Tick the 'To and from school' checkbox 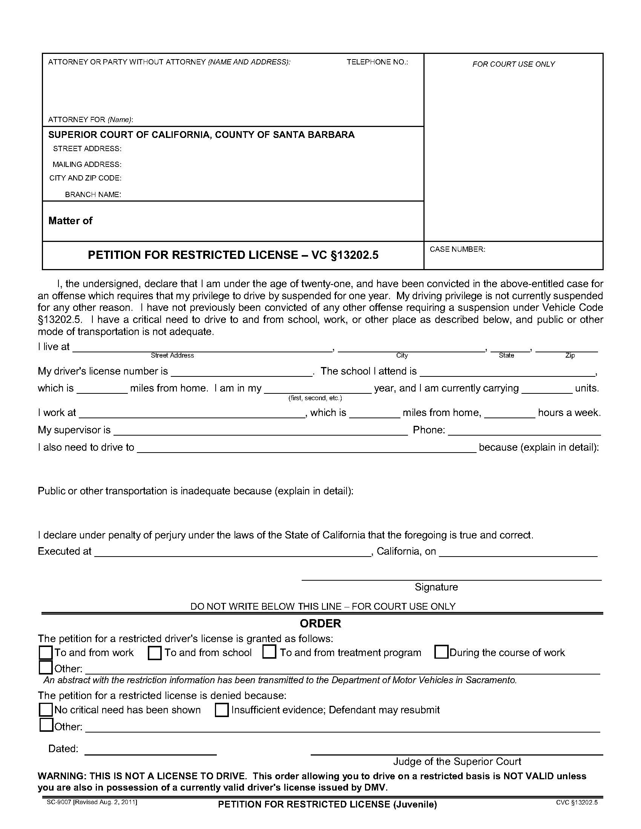point(155,653)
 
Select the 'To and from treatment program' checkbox point(269,652)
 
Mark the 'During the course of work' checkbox point(441,652)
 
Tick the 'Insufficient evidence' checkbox point(221,710)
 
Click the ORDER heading point(320,623)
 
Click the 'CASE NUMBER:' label point(457,249)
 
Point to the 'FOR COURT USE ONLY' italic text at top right point(514,64)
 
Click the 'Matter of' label point(70,221)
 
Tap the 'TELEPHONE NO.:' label point(377,62)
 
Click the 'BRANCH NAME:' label point(93,194)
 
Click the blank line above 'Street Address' point(202,350)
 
